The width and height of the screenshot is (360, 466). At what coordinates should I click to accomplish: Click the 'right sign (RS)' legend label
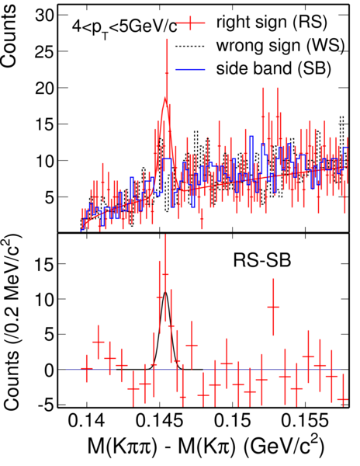[272, 23]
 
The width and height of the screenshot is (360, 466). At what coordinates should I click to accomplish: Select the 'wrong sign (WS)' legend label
[280, 46]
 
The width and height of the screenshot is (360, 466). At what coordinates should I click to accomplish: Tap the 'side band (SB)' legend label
[273, 68]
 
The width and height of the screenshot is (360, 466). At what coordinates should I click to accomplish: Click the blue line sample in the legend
[191, 70]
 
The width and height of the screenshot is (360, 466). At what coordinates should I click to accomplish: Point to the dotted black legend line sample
[191, 46]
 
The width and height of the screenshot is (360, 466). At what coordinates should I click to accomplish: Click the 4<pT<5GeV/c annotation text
[124, 28]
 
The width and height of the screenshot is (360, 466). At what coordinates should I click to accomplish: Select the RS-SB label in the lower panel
[261, 260]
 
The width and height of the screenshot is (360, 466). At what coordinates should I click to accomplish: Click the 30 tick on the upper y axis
[44, 15]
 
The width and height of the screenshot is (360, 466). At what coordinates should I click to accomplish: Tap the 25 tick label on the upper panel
[44, 51]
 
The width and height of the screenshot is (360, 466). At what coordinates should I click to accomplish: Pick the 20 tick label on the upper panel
[44, 88]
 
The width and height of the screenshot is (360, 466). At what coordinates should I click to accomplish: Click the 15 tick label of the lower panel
[44, 263]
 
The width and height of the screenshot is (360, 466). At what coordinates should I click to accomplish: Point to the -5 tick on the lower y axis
[47, 405]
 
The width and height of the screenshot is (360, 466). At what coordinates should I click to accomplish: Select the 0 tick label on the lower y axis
[49, 370]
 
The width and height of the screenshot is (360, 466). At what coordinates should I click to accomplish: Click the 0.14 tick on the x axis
[87, 421]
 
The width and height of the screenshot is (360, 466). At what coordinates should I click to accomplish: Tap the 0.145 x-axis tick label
[160, 421]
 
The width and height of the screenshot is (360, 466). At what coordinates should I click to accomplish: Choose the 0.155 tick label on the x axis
[305, 421]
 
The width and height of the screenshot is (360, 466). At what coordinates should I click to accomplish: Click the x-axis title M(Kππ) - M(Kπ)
[205, 447]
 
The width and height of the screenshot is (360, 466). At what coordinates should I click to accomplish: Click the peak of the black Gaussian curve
[165, 293]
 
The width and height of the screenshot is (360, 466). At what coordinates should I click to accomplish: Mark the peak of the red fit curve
[165, 98]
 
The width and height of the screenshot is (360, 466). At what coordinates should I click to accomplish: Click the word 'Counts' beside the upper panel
[8, 37]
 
